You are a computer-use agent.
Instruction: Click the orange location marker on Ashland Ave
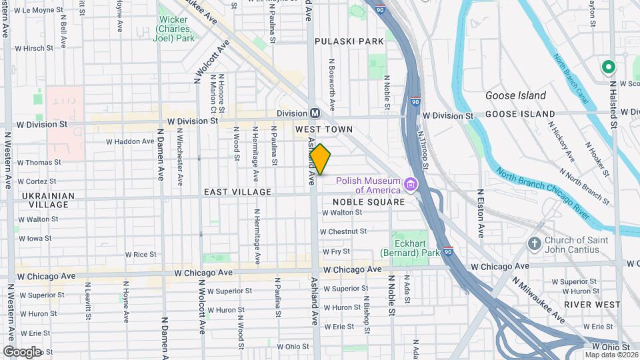point(321,159)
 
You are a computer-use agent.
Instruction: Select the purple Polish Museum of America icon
point(411,183)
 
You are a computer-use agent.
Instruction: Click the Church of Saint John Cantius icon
point(535,243)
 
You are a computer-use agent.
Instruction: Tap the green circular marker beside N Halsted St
point(608,67)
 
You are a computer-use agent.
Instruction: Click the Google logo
point(22,351)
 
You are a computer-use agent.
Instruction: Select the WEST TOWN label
point(324,129)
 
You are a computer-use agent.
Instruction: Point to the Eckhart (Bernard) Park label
point(410,248)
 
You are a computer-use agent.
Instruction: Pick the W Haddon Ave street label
point(131,141)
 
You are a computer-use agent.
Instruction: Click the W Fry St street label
point(337,252)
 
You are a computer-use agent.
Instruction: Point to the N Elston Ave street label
point(480,213)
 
